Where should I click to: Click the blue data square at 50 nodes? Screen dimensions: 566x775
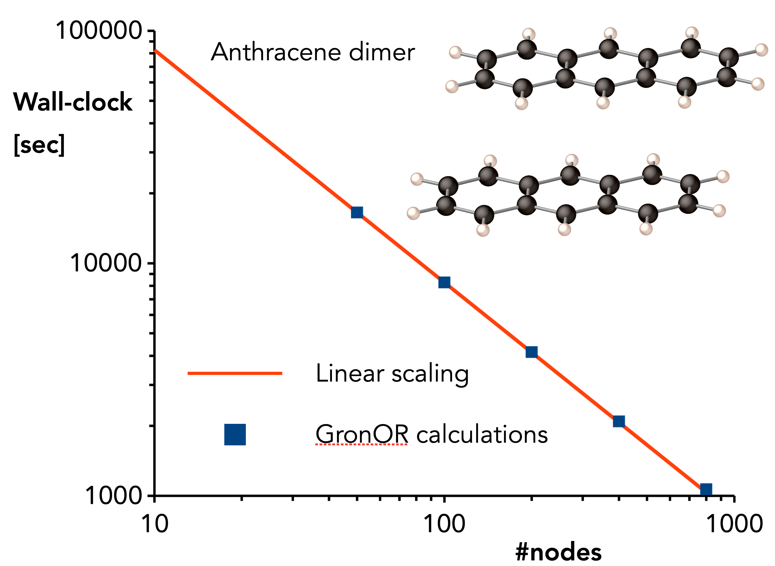(x=357, y=212)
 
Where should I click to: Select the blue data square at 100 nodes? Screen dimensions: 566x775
(x=444, y=282)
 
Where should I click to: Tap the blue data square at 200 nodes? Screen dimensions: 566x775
(x=531, y=352)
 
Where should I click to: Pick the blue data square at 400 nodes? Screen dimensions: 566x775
(x=619, y=421)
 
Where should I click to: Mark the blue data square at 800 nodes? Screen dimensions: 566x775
(x=706, y=489)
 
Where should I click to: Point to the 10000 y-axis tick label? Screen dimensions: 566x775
(x=106, y=263)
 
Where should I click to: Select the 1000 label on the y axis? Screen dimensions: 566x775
(x=113, y=496)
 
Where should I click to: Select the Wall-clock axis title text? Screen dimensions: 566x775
(x=73, y=102)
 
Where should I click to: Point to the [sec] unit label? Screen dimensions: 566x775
(x=39, y=145)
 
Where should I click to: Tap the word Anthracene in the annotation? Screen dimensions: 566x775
(x=276, y=52)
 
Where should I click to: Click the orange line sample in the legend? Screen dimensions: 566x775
(x=235, y=373)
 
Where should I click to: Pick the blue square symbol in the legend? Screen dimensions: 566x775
(x=235, y=434)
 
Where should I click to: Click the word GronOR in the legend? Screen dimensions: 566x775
(x=362, y=434)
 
